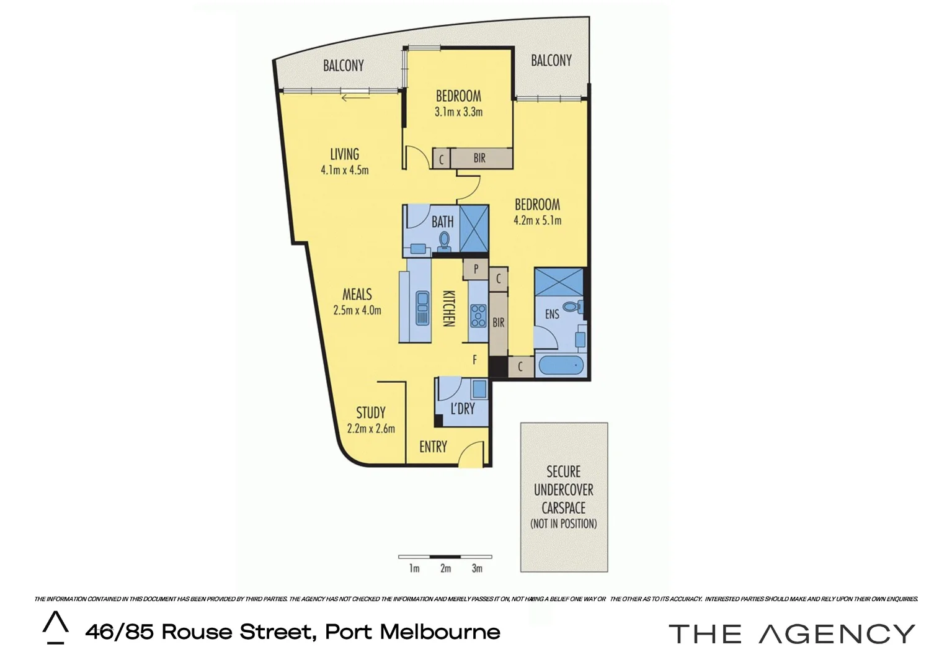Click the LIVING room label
[344, 154]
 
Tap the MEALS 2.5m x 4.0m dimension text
[357, 310]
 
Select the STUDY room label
[371, 413]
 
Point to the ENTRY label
[433, 447]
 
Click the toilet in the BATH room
[443, 241]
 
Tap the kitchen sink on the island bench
[422, 306]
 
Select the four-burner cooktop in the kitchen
[478, 315]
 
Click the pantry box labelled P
[476, 269]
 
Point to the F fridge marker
[475, 359]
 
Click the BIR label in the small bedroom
[479, 158]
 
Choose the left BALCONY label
[344, 66]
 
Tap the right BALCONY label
[551, 60]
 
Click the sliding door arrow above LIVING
[355, 96]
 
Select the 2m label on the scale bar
[445, 568]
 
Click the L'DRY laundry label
[463, 408]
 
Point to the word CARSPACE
[563, 507]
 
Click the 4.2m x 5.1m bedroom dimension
[538, 220]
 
